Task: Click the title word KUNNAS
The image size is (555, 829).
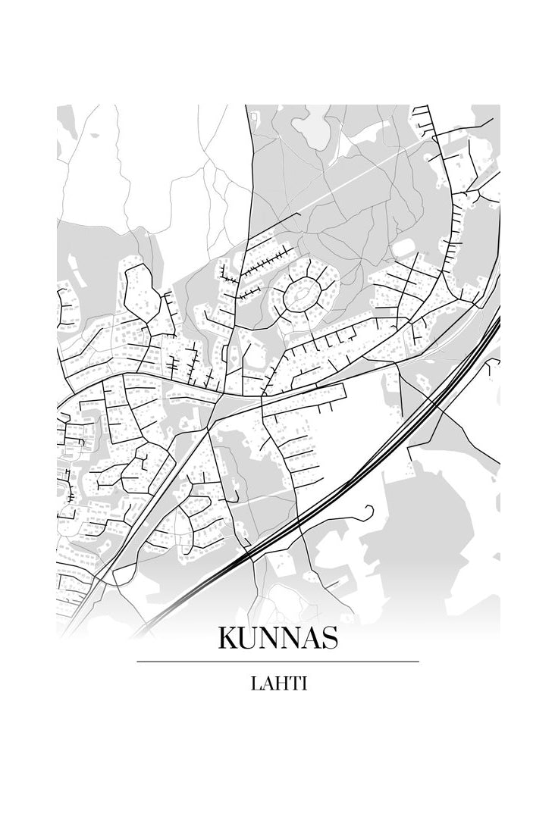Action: coord(277,638)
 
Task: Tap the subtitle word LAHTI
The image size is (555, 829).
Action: coord(277,684)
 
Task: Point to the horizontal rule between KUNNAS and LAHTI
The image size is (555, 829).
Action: coord(277,662)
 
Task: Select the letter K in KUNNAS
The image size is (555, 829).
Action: coord(227,638)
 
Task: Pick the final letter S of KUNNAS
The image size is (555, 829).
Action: coord(329,638)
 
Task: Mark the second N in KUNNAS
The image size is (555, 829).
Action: coord(289,638)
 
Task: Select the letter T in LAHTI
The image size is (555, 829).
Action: coord(293,684)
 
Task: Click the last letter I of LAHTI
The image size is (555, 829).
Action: coord(303,684)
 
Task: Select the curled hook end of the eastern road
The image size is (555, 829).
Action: coord(369,509)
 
